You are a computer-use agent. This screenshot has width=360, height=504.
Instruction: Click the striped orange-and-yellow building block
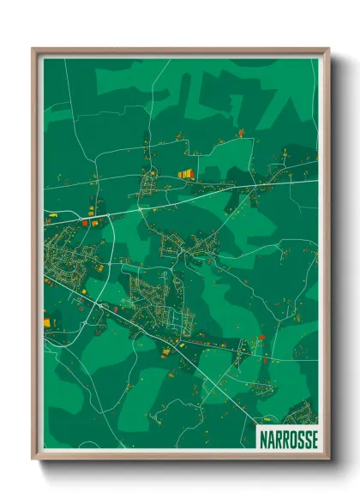pos(185,174)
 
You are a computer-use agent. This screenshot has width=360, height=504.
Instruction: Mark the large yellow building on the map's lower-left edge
pos(47,322)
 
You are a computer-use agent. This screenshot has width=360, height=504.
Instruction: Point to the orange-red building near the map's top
pos(241,133)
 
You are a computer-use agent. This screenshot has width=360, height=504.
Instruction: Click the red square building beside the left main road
pos(85,222)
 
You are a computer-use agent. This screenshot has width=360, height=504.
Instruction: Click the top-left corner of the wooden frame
pos(33,50)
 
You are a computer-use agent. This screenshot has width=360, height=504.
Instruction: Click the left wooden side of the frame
pos(36,257)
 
